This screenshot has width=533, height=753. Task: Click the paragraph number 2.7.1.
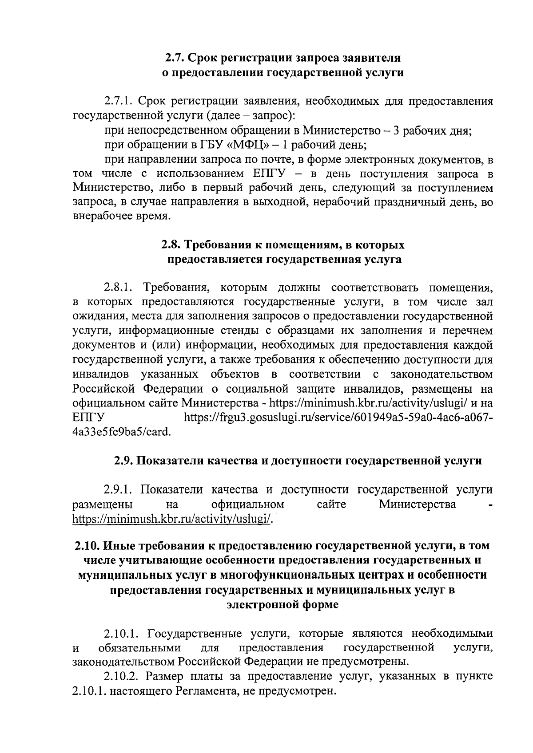[x=118, y=102]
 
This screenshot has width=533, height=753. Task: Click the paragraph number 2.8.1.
[x=118, y=288]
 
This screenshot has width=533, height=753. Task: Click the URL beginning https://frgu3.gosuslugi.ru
[x=338, y=418]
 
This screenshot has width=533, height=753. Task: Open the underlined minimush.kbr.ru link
[x=171, y=518]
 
